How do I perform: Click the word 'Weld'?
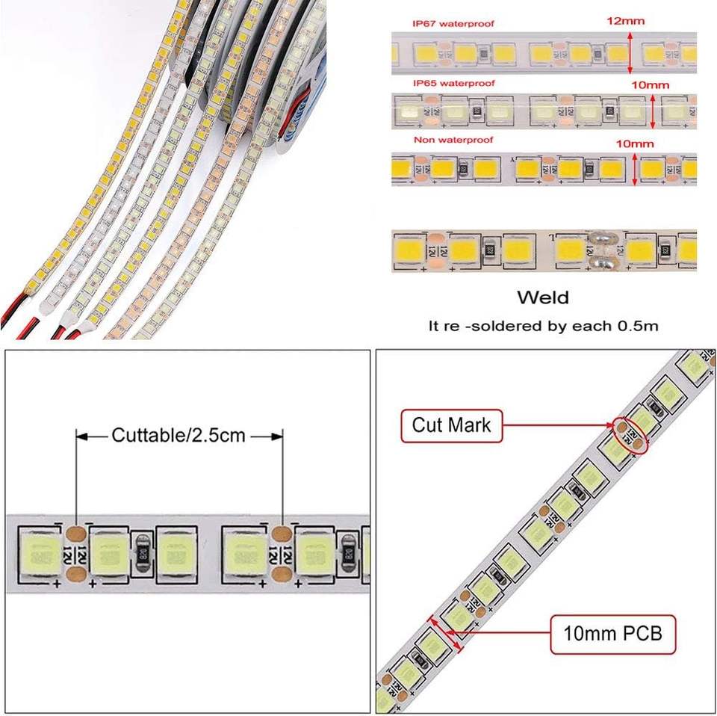coord(543,297)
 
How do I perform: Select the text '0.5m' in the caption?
coord(641,327)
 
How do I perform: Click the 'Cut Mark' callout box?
coord(451,426)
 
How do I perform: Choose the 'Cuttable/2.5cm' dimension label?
coord(179,435)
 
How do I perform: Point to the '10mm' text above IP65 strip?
coord(650,84)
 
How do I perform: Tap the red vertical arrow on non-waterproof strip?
coord(635,170)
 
